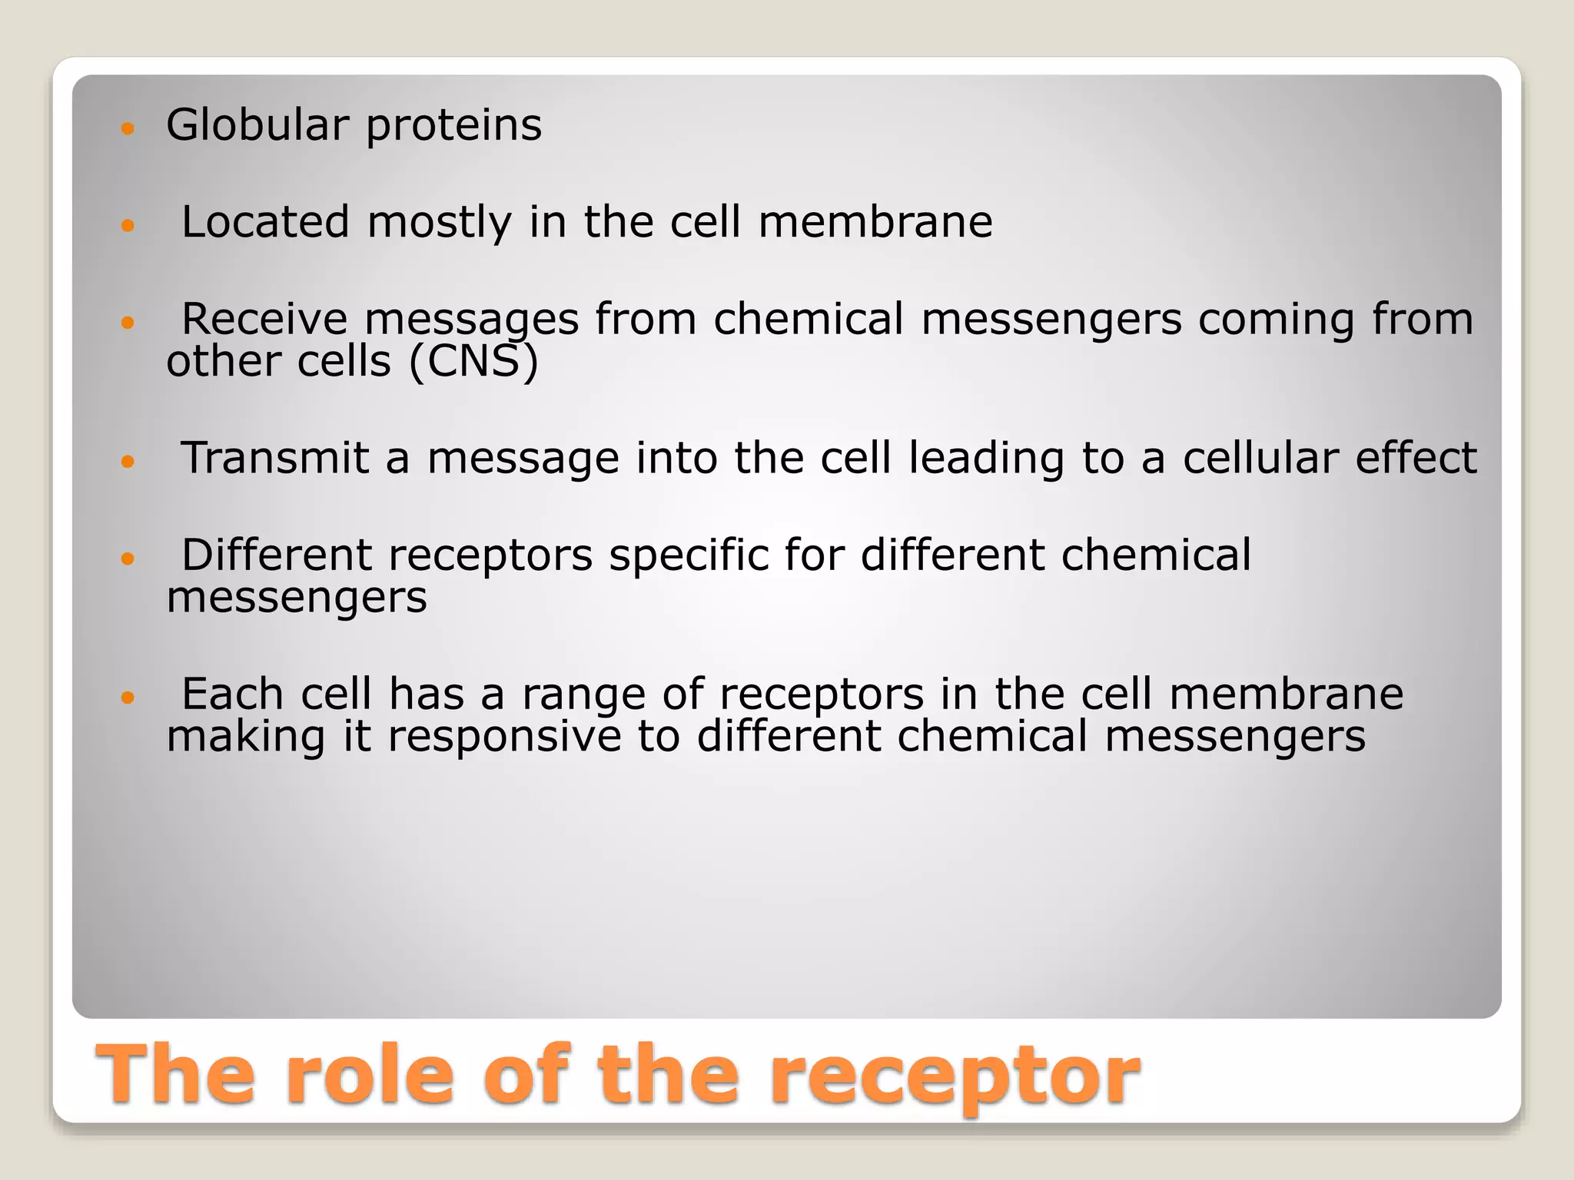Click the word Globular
click(257, 124)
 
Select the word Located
click(265, 222)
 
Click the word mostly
click(439, 224)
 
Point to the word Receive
click(264, 319)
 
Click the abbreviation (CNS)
click(473, 361)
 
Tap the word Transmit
click(274, 458)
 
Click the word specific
click(689, 556)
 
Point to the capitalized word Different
click(277, 555)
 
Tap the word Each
click(232, 694)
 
